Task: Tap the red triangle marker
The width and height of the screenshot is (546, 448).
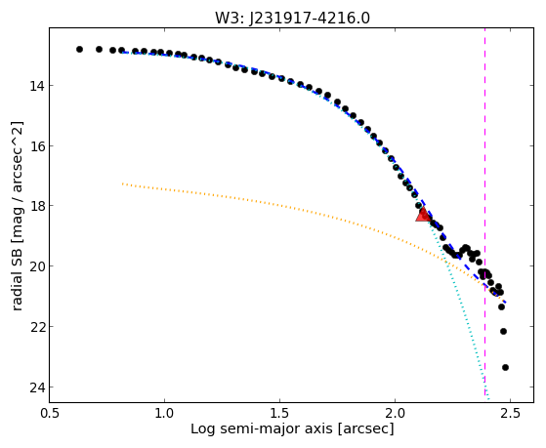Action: coord(423,214)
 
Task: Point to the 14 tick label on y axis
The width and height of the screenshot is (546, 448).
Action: coord(37,86)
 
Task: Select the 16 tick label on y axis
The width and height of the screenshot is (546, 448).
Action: coord(37,145)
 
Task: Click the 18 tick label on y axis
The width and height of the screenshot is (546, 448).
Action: coord(37,206)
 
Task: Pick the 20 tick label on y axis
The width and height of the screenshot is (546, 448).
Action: coord(37,266)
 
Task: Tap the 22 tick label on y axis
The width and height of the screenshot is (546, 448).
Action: coord(37,327)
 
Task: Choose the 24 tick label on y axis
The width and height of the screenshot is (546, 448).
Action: coord(37,387)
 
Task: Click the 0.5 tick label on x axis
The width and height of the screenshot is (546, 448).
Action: coord(50,413)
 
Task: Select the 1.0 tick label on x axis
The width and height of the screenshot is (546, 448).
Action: coord(165,413)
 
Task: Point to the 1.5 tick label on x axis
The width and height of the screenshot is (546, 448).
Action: coord(280,413)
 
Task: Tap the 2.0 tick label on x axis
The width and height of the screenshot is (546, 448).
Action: coord(396,413)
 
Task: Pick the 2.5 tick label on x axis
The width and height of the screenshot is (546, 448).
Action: coord(510,413)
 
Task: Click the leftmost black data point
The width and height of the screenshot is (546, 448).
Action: coord(79,50)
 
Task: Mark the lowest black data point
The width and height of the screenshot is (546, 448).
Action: coord(505,367)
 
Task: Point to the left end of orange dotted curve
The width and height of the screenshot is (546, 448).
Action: coord(122,183)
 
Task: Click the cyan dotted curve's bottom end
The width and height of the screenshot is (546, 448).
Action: coord(488,399)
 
